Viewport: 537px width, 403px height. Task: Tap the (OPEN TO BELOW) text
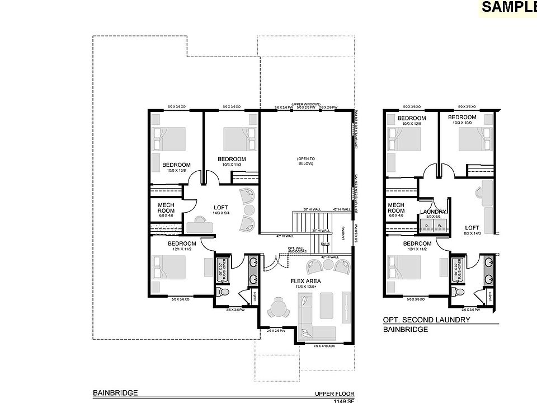[305, 162]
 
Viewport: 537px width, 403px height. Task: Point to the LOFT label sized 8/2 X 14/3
[473, 228]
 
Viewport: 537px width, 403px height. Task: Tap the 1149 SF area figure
[336, 401]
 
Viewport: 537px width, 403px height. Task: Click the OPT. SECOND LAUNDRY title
[426, 320]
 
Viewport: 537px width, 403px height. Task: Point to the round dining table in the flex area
[277, 308]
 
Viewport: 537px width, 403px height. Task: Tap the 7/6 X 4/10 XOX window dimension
[324, 346]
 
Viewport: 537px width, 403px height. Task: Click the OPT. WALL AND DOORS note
[296, 250]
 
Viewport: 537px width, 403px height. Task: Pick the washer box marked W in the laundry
[440, 226]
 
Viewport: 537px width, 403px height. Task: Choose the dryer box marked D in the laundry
[426, 226]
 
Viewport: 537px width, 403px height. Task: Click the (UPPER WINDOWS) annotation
[305, 104]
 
